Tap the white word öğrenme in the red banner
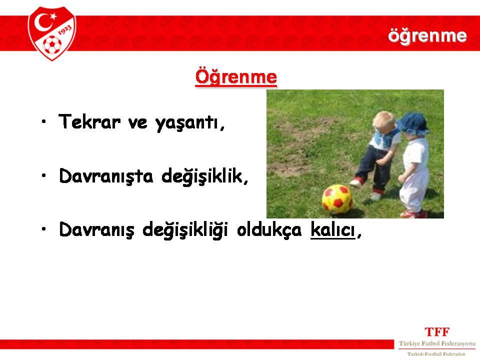coord(427,36)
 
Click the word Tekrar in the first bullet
coord(89,121)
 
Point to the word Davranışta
coord(106,176)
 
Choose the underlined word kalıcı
coord(333,229)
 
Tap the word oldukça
coord(269,230)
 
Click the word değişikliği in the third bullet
coord(185,230)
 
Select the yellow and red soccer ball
coord(337,199)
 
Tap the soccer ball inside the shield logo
coord(51,45)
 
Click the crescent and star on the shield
coord(45,21)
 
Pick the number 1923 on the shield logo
coord(65,30)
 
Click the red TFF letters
coord(437,332)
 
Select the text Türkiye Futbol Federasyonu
coord(437,343)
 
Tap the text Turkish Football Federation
coord(436,354)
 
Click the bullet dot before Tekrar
coord(44,121)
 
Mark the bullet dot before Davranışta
coord(44,175)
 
